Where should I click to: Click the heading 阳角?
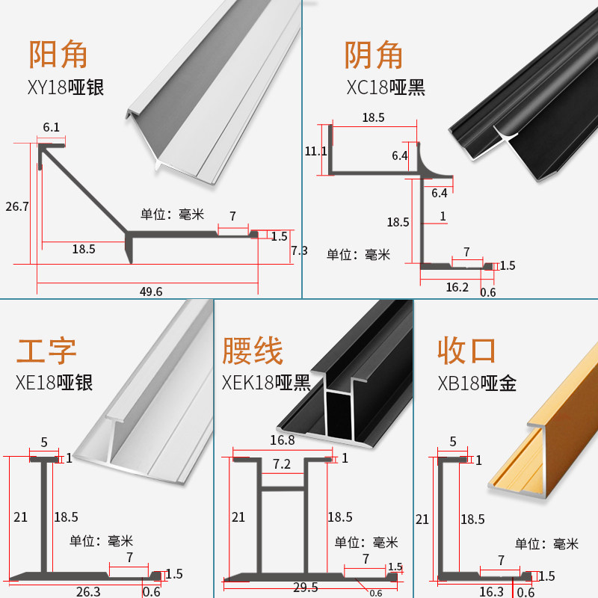pos(58,55)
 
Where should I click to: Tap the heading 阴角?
pos(374,55)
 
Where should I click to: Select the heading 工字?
pos(46,351)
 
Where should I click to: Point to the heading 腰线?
pos(253,351)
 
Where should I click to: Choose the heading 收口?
pos(467,351)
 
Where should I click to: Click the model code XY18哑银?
pos(65,87)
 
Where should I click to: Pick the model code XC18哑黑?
pos(386,87)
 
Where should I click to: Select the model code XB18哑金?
pos(477,383)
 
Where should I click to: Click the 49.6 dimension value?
pos(150,292)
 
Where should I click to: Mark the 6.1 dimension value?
pos(52,128)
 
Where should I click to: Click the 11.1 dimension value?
pos(316,151)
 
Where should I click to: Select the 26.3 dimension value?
pos(88,591)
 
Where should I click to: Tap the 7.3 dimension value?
pos(299,251)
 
